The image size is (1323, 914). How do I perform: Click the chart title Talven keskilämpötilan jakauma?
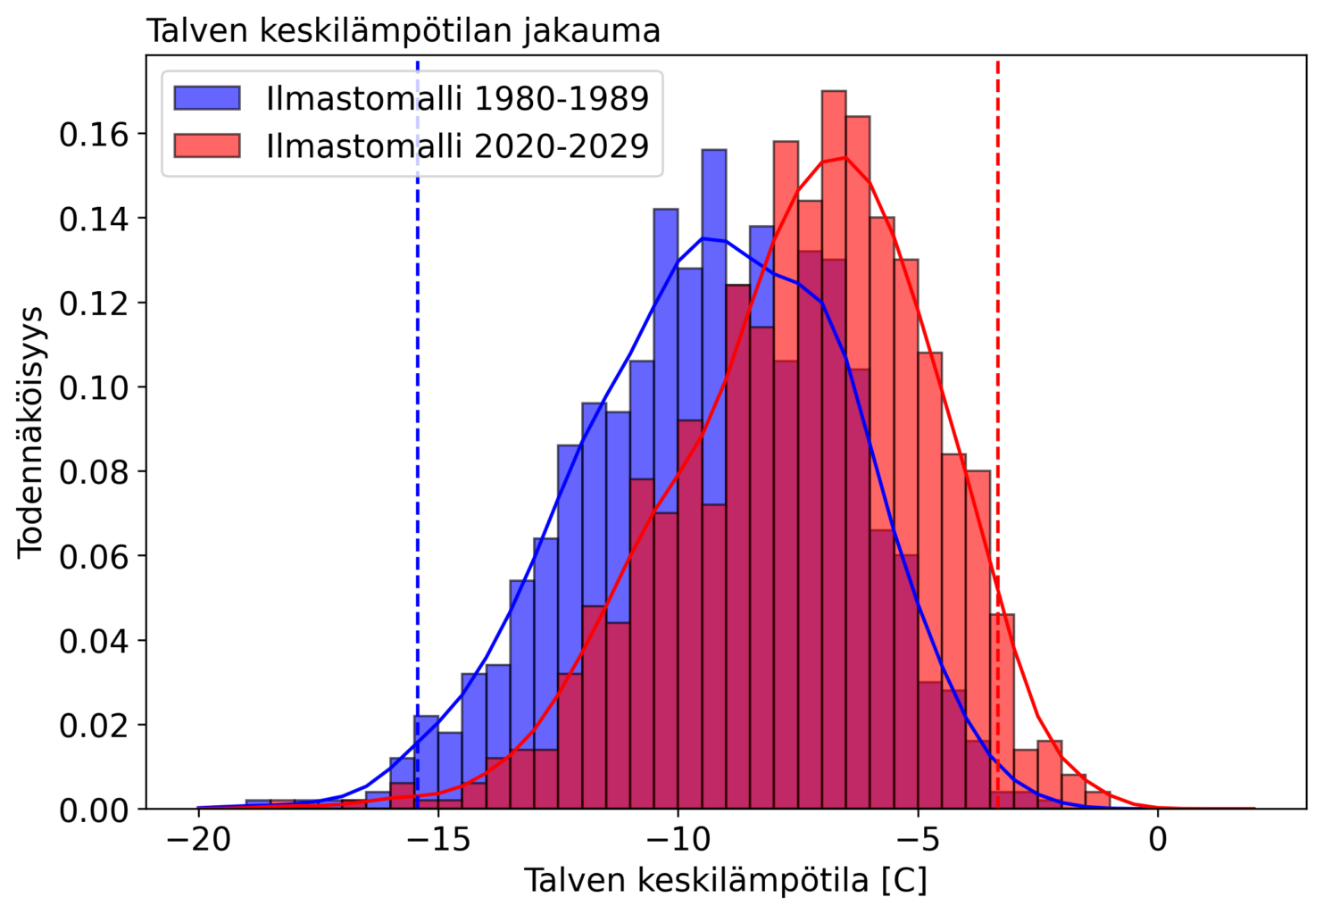click(404, 31)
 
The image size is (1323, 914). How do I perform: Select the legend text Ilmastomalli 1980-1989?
click(457, 98)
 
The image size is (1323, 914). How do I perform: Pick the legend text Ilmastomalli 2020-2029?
click(457, 145)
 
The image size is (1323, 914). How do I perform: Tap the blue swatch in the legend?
click(207, 98)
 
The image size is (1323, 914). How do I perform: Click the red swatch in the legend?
click(207, 145)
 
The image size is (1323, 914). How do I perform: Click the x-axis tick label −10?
click(678, 841)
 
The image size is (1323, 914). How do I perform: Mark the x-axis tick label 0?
click(1158, 841)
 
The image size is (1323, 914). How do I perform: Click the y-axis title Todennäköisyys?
click(31, 432)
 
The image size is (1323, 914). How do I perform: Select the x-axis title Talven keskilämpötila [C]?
click(725, 882)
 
